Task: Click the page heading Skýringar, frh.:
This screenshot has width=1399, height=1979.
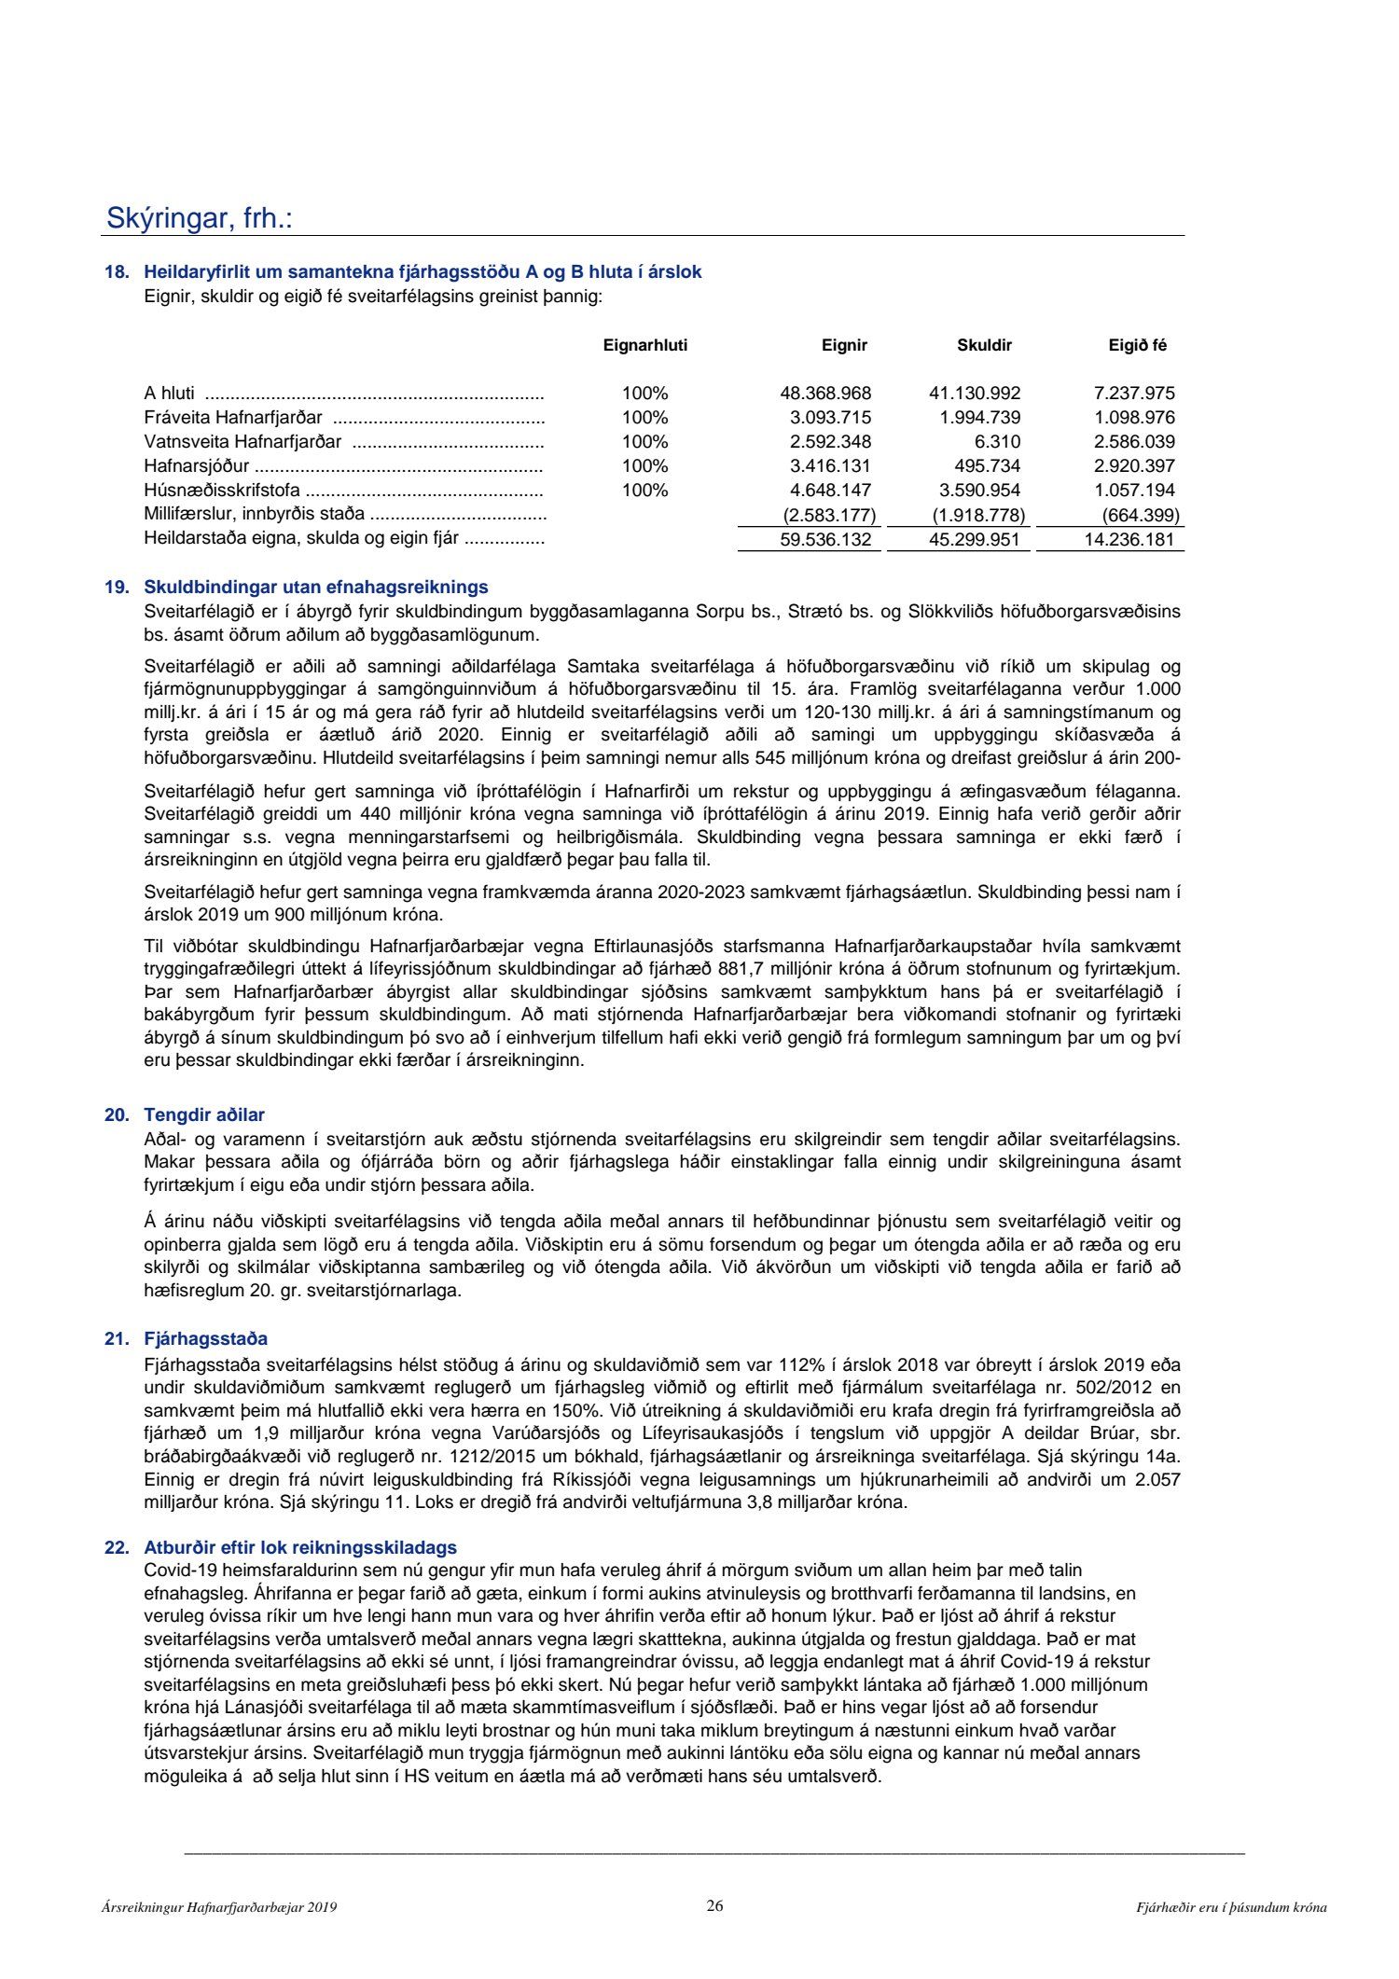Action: [200, 218]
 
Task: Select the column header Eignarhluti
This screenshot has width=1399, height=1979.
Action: [644, 345]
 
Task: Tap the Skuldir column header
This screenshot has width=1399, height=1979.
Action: [984, 345]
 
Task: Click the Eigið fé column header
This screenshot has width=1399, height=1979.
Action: [1137, 345]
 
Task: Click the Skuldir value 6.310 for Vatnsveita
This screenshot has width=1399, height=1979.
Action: [997, 442]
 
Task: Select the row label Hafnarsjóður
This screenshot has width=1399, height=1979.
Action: [197, 466]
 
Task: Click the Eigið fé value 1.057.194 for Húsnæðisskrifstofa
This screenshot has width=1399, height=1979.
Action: [1134, 491]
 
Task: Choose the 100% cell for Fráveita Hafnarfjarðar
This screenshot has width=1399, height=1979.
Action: [644, 418]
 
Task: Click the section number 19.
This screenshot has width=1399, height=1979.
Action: [116, 588]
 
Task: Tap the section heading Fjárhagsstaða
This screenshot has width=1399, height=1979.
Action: [205, 1338]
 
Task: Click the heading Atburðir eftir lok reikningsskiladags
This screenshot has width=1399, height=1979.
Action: [299, 1547]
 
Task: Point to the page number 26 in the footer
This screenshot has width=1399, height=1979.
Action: [714, 1905]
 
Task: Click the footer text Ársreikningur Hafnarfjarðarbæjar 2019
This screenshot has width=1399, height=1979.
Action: [219, 1907]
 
